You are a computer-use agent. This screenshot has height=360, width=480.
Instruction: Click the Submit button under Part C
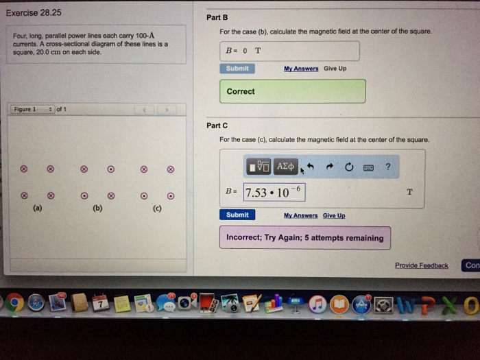[237, 215]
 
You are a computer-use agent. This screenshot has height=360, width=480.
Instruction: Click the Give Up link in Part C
[334, 215]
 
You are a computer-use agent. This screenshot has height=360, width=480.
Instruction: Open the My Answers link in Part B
[301, 69]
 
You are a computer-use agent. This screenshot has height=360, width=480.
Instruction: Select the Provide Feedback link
[422, 265]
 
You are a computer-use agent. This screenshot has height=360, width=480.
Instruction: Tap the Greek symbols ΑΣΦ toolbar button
[285, 167]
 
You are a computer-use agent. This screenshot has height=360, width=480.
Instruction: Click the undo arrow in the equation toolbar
[310, 167]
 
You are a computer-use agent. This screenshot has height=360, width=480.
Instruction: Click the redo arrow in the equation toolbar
[329, 167]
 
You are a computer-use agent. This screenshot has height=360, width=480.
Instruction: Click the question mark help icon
[388, 167]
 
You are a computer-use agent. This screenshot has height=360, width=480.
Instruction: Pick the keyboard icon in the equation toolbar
[368, 168]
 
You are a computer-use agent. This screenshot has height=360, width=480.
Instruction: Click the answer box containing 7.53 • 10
[274, 192]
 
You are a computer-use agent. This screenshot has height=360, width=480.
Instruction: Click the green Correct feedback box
[293, 91]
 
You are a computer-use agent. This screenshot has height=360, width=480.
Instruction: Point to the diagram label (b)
[97, 208]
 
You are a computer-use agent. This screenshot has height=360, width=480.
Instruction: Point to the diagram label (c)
[157, 208]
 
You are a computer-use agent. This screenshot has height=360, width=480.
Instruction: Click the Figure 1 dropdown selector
[33, 109]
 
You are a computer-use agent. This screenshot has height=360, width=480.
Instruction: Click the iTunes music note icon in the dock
[317, 304]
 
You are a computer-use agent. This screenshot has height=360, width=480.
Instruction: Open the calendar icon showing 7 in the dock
[100, 303]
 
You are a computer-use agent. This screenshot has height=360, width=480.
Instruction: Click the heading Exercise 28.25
[34, 13]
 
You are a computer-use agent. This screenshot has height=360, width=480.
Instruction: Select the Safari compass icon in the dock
[36, 303]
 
